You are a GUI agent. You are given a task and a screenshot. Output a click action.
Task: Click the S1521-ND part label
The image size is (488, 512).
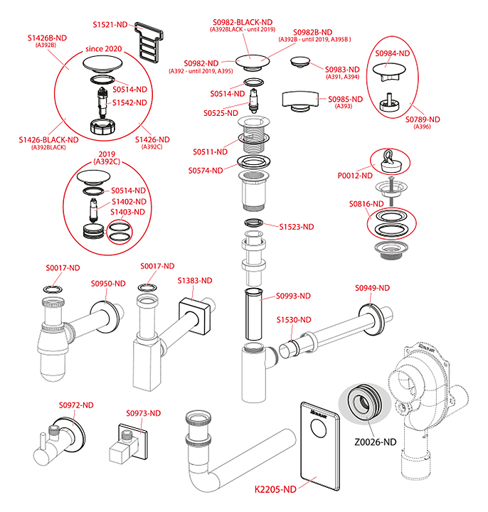pos(110,24)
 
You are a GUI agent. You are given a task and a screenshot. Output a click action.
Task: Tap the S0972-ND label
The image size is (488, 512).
pos(77,405)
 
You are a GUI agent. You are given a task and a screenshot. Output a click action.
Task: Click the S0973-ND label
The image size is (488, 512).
pos(144,413)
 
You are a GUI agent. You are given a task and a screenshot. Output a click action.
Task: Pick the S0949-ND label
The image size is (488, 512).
pos(372,288)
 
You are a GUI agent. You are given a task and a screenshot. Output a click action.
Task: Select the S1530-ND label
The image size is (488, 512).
pos(294,320)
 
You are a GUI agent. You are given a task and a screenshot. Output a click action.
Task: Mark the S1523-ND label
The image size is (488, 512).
pos(297,228)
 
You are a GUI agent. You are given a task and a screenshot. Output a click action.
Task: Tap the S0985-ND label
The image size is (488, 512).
pos(346,99)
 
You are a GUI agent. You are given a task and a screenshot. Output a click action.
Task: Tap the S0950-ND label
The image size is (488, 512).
pos(108,284)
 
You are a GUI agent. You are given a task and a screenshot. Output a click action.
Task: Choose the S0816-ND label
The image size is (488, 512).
pos(366,204)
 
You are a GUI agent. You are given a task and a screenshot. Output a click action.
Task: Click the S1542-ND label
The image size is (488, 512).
pos(130,102)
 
